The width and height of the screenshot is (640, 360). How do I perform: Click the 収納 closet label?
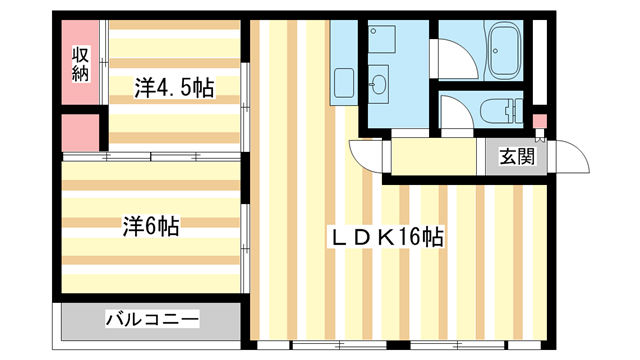(x=81, y=62)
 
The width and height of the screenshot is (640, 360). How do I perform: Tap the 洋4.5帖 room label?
(x=174, y=87)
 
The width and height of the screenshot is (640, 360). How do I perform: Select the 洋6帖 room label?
(x=151, y=227)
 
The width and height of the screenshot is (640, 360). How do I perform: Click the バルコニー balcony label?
(x=152, y=320)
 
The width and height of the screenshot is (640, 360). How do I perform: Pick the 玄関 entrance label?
(x=517, y=156)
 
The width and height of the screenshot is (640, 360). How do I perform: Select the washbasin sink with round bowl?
(x=379, y=84)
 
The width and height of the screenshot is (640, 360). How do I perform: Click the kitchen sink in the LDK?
(x=343, y=83)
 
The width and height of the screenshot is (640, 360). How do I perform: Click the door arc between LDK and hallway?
(x=366, y=153)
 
